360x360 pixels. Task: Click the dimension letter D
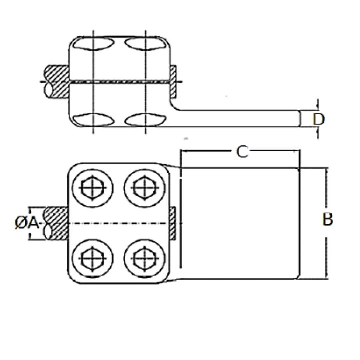(319, 119)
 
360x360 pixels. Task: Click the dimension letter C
(242, 152)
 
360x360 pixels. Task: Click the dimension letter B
(328, 219)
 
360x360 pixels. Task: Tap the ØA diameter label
(27, 223)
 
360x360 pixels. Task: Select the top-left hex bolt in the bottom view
(93, 188)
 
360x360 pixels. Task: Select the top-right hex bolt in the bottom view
(145, 188)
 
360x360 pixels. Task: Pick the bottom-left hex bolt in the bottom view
(93, 259)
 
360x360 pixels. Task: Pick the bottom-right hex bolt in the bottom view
(145, 259)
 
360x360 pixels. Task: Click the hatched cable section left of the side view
(57, 82)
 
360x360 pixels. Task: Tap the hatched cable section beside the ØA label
(56, 223)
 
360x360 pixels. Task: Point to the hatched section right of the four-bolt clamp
(173, 223)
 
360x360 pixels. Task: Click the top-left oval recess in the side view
(93, 44)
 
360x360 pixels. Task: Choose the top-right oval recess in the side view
(145, 44)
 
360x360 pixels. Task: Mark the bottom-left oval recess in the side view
(93, 119)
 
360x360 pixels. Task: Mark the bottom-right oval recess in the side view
(145, 119)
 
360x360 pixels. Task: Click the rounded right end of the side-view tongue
(300, 118)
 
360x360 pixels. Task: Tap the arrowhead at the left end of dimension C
(183, 151)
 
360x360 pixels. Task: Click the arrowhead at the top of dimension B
(327, 170)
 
